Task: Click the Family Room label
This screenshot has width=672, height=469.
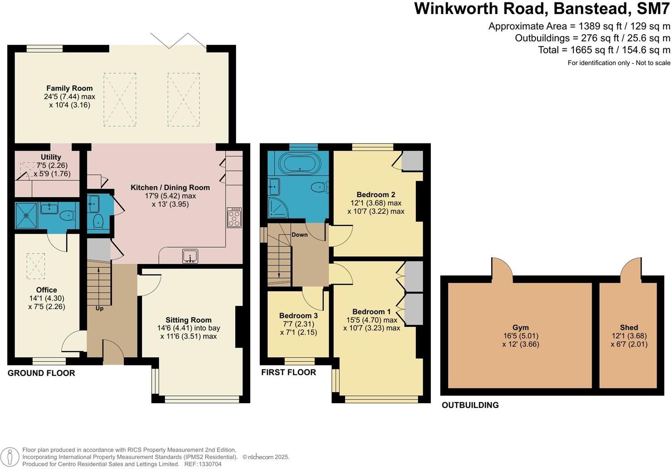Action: [x=69, y=88]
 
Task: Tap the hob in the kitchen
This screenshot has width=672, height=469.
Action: [x=234, y=218]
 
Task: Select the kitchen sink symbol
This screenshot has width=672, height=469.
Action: [x=190, y=256]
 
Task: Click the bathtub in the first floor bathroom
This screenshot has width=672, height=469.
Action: [x=299, y=162]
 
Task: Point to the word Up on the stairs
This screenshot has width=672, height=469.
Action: [x=99, y=308]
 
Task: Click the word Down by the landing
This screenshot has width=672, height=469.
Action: [x=300, y=234]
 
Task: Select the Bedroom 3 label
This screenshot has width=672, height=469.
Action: [x=298, y=315]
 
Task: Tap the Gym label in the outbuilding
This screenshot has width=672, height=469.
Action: [x=520, y=327]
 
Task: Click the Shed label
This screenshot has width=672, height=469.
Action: [x=629, y=327]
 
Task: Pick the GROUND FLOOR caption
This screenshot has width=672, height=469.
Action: [x=41, y=373]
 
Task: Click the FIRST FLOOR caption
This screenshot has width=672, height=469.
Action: [x=288, y=372]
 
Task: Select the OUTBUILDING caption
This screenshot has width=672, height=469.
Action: [x=470, y=405]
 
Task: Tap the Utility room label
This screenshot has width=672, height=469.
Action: [x=51, y=157]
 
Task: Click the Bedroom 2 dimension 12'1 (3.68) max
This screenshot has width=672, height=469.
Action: [x=376, y=203]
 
